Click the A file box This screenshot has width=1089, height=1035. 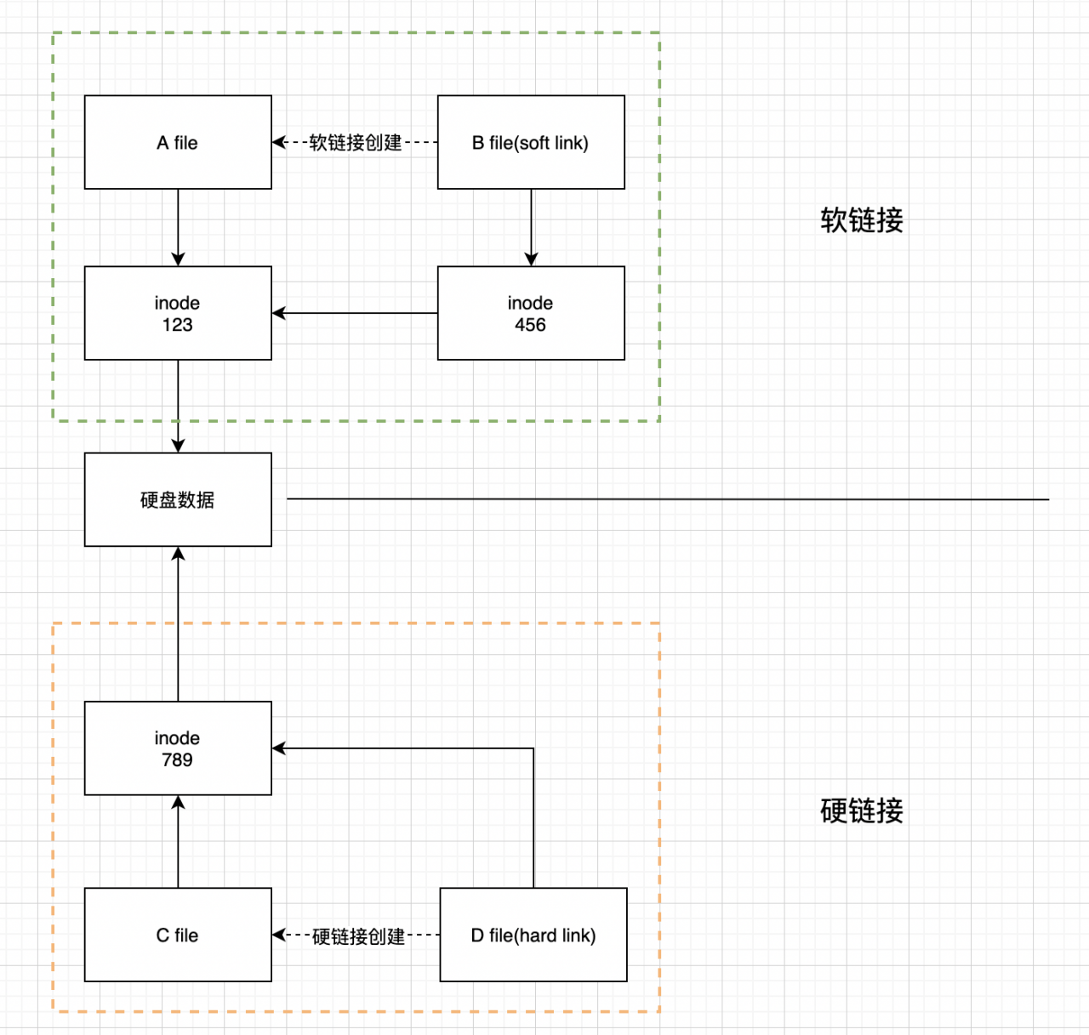178,142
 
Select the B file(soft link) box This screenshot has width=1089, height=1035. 531,142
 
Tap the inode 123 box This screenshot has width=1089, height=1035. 178,313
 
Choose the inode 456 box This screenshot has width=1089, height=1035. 531,313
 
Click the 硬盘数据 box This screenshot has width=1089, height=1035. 178,499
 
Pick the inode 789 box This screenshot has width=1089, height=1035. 178,748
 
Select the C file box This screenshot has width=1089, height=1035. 178,935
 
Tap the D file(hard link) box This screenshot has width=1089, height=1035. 533,935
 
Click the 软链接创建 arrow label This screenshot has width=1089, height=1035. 356,143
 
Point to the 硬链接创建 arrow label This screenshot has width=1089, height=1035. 358,936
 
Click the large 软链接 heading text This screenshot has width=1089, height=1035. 862,220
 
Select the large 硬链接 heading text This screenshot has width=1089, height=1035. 862,811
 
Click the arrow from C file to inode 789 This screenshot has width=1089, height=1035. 178,842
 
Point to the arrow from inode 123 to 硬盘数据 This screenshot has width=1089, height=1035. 178,404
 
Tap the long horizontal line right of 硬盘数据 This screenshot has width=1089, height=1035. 668,499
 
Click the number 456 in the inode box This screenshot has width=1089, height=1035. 530,325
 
